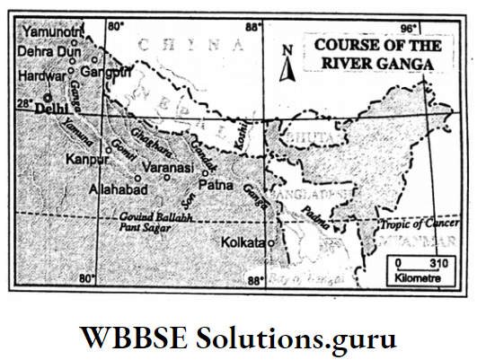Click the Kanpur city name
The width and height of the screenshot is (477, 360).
click(x=85, y=160)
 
